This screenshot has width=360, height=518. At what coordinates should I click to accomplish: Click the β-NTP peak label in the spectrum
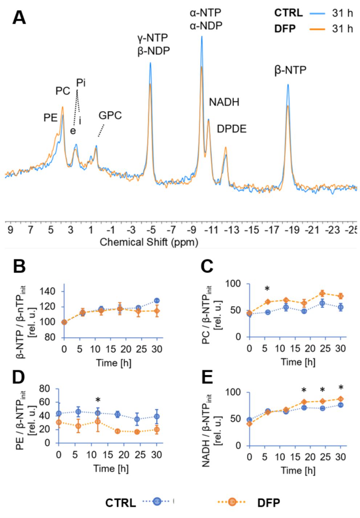pos(290,70)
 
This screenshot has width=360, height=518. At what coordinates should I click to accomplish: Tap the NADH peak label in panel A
pos(224,102)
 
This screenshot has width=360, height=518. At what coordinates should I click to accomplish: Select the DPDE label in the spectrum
pos(232,129)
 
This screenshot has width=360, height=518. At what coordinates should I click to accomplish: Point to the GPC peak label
pos(110,116)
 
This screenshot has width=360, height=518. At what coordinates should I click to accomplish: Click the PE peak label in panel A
pos(50,118)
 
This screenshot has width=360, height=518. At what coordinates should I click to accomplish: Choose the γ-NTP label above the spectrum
pos(152,38)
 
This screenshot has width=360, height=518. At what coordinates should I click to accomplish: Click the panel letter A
pos(19,17)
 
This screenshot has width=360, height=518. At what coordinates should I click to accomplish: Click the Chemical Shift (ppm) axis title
pos(149,242)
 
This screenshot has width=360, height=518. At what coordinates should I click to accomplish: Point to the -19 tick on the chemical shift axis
pos(292,230)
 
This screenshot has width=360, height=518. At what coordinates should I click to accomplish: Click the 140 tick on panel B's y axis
pos(48,291)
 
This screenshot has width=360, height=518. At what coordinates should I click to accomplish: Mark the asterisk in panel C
pos(267,289)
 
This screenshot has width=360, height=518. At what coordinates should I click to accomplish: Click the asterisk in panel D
pos(98,400)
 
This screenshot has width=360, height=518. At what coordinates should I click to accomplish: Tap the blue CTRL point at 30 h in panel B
pos(157,301)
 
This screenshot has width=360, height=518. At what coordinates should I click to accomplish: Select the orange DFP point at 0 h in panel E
pos(249,424)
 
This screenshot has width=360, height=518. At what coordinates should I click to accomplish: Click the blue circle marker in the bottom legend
pos(157,502)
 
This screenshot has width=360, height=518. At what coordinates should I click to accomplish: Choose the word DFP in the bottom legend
pos(269,503)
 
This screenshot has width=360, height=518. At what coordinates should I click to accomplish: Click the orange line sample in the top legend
pos(317,29)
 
